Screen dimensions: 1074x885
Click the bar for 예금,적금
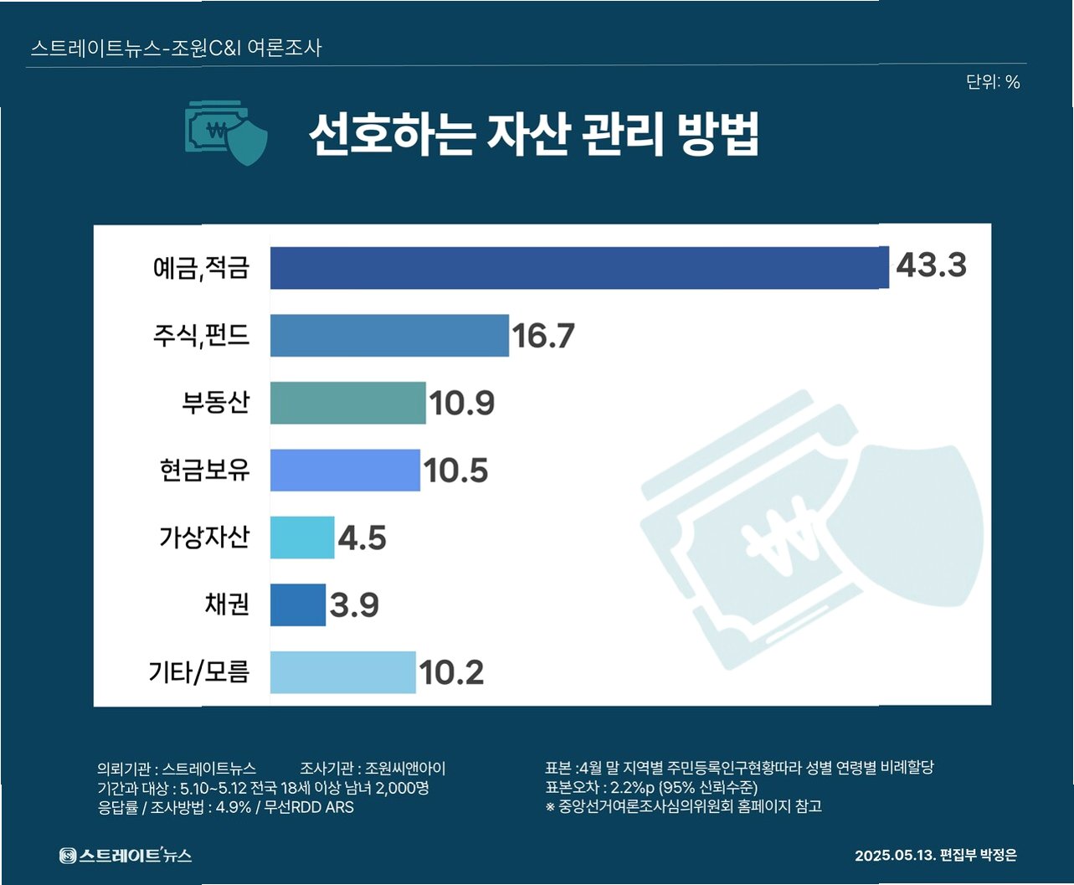click(x=580, y=268)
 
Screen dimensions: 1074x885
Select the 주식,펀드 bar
click(x=389, y=336)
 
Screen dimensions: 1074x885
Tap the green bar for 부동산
click(x=348, y=403)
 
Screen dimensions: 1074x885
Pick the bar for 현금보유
click(x=345, y=471)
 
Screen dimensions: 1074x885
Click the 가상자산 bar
click(x=302, y=538)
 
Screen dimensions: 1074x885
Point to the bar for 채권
click(x=298, y=605)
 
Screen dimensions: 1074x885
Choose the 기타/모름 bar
click(x=343, y=672)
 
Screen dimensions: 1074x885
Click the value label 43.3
click(x=932, y=265)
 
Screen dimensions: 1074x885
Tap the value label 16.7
click(x=543, y=336)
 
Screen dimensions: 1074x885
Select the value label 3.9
click(x=354, y=605)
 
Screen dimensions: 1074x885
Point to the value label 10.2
click(x=451, y=672)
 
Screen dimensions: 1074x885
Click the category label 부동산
click(x=216, y=402)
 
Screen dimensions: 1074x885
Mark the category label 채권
click(x=228, y=604)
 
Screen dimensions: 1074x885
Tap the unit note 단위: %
click(x=993, y=82)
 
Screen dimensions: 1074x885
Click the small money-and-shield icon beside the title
click(x=226, y=133)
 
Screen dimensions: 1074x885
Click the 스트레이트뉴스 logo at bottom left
click(x=126, y=855)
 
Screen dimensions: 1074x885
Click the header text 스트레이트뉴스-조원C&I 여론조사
click(x=176, y=48)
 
